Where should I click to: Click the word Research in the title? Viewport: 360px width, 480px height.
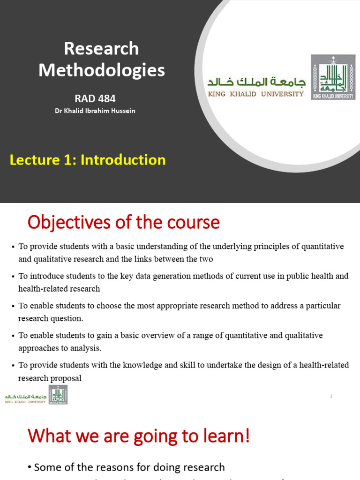101,49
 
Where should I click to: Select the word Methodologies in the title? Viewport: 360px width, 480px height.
101,70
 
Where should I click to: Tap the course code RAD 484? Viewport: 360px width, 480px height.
95,98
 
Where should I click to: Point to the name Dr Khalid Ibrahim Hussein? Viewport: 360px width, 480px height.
95,111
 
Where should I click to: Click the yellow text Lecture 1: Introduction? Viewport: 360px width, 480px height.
88,160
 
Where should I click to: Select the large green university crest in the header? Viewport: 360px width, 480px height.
333,77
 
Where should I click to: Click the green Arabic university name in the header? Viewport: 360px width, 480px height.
256,82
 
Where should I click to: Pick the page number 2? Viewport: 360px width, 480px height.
331,397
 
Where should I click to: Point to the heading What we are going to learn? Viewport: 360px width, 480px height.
139,437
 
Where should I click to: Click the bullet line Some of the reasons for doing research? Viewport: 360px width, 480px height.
129,467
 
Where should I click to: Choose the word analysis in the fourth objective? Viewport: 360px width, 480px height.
87,348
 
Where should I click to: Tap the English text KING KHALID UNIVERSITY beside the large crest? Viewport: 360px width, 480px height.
256,94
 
